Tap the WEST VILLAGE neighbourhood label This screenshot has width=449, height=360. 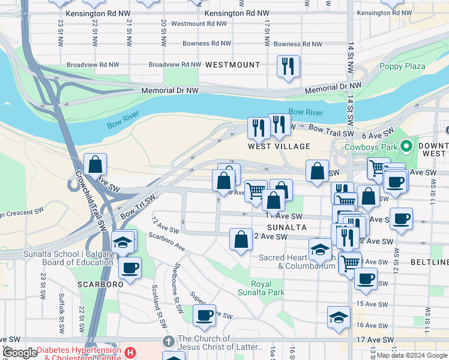(x=279, y=146)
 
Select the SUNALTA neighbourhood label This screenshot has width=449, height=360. (x=287, y=228)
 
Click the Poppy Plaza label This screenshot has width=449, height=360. (x=402, y=67)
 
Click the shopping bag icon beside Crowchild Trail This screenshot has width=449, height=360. (x=95, y=164)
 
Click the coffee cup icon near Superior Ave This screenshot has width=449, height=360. (x=204, y=315)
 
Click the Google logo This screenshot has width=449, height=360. (x=20, y=353)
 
